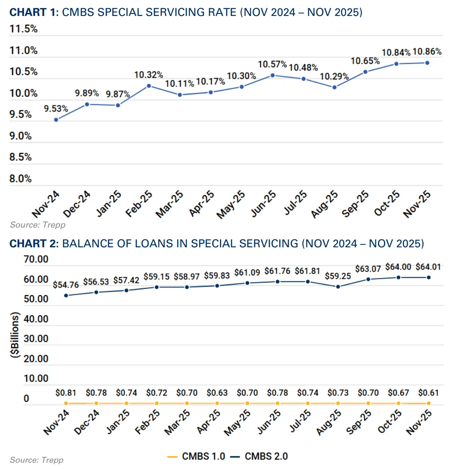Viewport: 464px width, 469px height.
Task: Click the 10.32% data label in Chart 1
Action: [x=149, y=75]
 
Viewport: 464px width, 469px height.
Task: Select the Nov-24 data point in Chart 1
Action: [x=56, y=120]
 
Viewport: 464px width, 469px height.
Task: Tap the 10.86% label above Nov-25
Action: [x=427, y=52]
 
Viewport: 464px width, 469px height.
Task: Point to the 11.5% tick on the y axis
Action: [x=23, y=29]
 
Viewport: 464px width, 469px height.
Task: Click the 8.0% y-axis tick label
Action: [x=21, y=179]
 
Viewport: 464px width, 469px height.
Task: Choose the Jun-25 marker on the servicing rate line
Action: [x=273, y=76]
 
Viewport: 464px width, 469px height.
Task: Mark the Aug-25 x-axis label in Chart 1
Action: [x=325, y=204]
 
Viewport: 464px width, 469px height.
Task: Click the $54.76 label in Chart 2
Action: [x=66, y=285]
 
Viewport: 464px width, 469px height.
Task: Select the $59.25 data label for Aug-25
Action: [x=338, y=276]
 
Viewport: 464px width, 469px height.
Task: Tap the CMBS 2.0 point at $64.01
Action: [x=429, y=278]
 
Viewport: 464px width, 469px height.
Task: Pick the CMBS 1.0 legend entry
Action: [x=196, y=456]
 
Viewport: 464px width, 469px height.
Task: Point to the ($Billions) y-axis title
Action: [x=16, y=335]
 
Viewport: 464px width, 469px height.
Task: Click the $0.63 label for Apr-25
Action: [x=217, y=393]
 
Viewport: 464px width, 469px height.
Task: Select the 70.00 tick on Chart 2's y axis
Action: [x=36, y=259]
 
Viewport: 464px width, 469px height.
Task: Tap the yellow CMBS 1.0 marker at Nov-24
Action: [x=66, y=403]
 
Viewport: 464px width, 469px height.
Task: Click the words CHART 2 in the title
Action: [x=34, y=244]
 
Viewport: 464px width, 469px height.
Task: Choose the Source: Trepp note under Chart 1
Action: [x=38, y=225]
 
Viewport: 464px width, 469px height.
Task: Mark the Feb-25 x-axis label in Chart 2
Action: [x=147, y=422]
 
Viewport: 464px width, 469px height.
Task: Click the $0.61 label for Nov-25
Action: [x=428, y=393]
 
